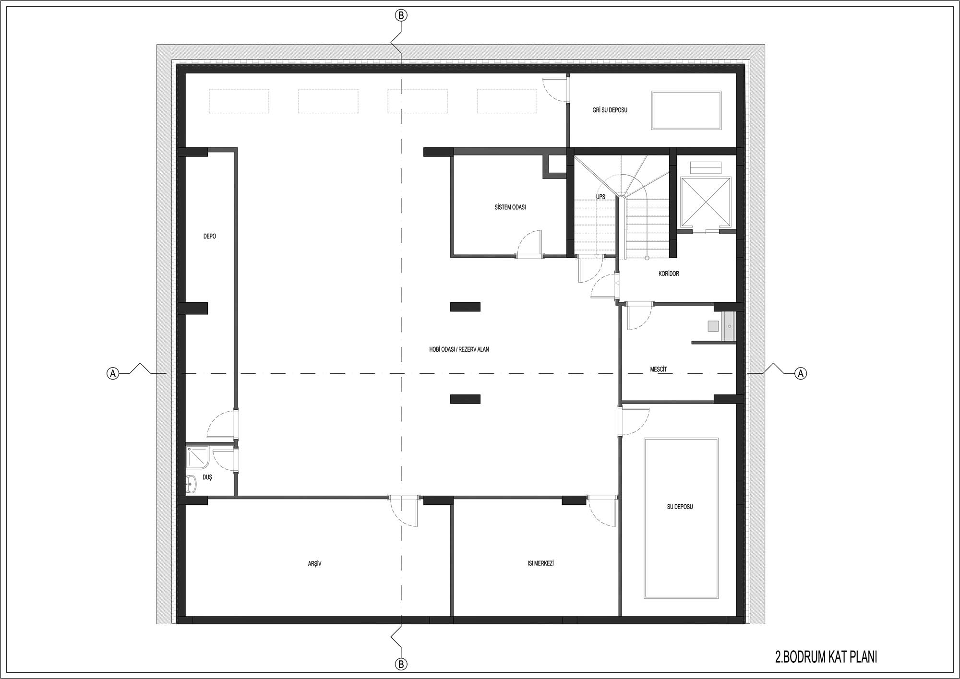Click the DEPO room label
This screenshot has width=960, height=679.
[x=210, y=236]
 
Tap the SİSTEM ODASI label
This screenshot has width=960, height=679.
[x=510, y=207]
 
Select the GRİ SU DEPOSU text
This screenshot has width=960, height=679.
[x=610, y=110]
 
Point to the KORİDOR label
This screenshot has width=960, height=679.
[x=669, y=274]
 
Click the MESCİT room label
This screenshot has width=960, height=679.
[x=658, y=369]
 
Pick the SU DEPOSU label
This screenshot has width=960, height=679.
[x=680, y=507]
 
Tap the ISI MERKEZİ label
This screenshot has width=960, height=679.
[x=540, y=563]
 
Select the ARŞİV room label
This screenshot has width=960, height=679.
[x=314, y=564]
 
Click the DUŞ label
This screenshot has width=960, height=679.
[x=207, y=477]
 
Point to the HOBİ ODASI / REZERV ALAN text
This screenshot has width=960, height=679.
[x=459, y=349]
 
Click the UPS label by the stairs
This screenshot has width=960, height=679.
[x=600, y=197]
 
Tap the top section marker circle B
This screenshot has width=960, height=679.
[x=401, y=15]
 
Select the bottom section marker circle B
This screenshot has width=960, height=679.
[x=401, y=664]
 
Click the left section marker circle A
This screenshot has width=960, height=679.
[x=112, y=373]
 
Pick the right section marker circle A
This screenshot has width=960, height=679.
[x=801, y=373]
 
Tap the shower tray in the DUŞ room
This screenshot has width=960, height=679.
[x=197, y=457]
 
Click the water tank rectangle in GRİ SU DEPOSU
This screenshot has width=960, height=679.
[x=686, y=110]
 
